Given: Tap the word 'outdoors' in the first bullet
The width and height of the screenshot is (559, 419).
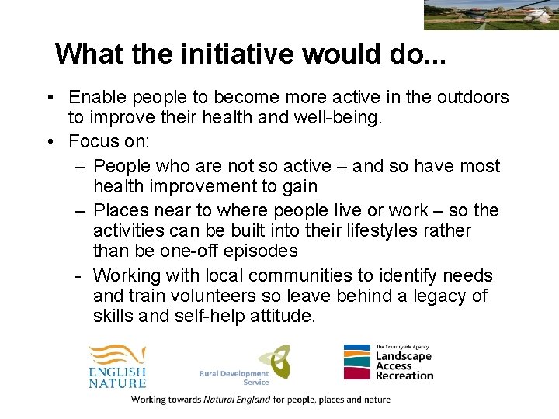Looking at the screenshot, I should (x=470, y=98).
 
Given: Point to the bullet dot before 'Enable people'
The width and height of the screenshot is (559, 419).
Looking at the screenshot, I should (x=49, y=98).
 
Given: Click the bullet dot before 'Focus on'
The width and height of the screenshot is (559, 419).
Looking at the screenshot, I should (x=49, y=142).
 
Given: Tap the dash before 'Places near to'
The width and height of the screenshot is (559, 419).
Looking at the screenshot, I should (x=81, y=211).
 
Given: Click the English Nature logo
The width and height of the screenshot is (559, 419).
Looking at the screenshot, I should (x=117, y=365).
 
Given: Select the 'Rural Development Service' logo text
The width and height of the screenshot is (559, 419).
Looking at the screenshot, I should (x=234, y=378).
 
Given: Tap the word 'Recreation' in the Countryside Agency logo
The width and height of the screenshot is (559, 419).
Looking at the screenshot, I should (x=404, y=376).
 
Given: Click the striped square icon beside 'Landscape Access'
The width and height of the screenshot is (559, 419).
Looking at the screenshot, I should (x=358, y=362).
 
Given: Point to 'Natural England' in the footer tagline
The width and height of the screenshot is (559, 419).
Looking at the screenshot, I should (x=237, y=400).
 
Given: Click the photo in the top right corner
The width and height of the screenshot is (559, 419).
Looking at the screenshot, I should (x=491, y=15).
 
